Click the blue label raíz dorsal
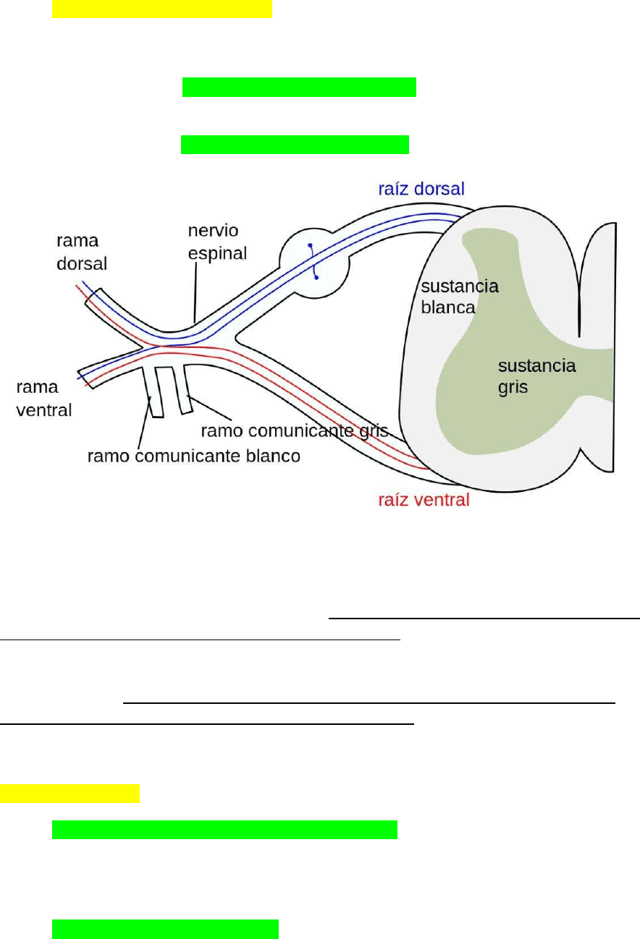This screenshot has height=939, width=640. tap(421, 190)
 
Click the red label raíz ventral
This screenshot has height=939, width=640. tap(424, 499)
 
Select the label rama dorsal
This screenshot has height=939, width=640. tap(82, 252)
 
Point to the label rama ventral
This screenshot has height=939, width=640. tap(44, 399)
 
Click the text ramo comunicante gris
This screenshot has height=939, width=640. tap(295, 432)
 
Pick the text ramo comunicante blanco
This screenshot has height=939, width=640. tap(193, 456)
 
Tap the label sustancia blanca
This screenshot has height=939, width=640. tap(460, 296)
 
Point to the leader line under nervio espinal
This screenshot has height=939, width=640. tap(195, 296)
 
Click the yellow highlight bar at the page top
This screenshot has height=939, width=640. tap(161, 9)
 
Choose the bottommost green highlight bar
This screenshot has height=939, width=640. tap(165, 929)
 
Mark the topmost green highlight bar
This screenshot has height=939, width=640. tap(299, 87)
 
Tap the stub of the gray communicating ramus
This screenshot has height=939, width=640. tap(185, 391)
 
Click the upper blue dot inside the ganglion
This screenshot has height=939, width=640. tap(310, 246)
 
